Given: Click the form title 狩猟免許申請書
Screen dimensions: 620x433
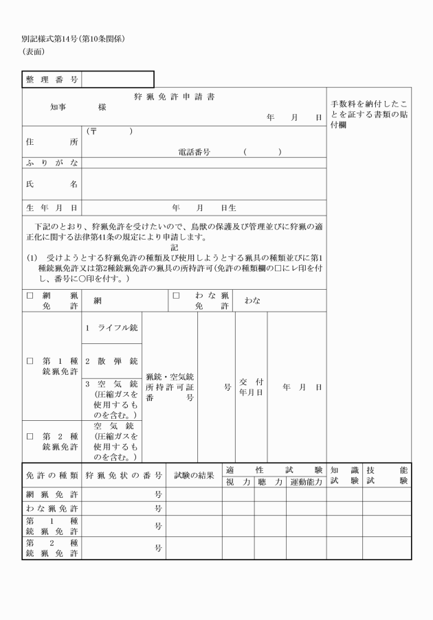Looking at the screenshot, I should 173,97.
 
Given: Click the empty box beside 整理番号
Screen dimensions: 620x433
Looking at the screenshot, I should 117,80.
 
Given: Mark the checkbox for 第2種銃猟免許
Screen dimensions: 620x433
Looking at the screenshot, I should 30,436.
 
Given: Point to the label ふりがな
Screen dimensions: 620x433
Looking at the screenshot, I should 51,162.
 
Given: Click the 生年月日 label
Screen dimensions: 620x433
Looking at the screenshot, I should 51,207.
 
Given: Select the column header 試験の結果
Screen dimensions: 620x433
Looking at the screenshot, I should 193,475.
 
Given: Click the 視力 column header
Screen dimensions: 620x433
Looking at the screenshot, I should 237,482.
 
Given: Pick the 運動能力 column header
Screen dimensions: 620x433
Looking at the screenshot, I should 305,482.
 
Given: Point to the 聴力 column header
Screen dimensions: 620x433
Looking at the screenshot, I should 270,482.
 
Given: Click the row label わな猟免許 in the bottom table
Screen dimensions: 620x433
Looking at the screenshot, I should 51,509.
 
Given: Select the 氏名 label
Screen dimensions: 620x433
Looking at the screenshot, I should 51,184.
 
